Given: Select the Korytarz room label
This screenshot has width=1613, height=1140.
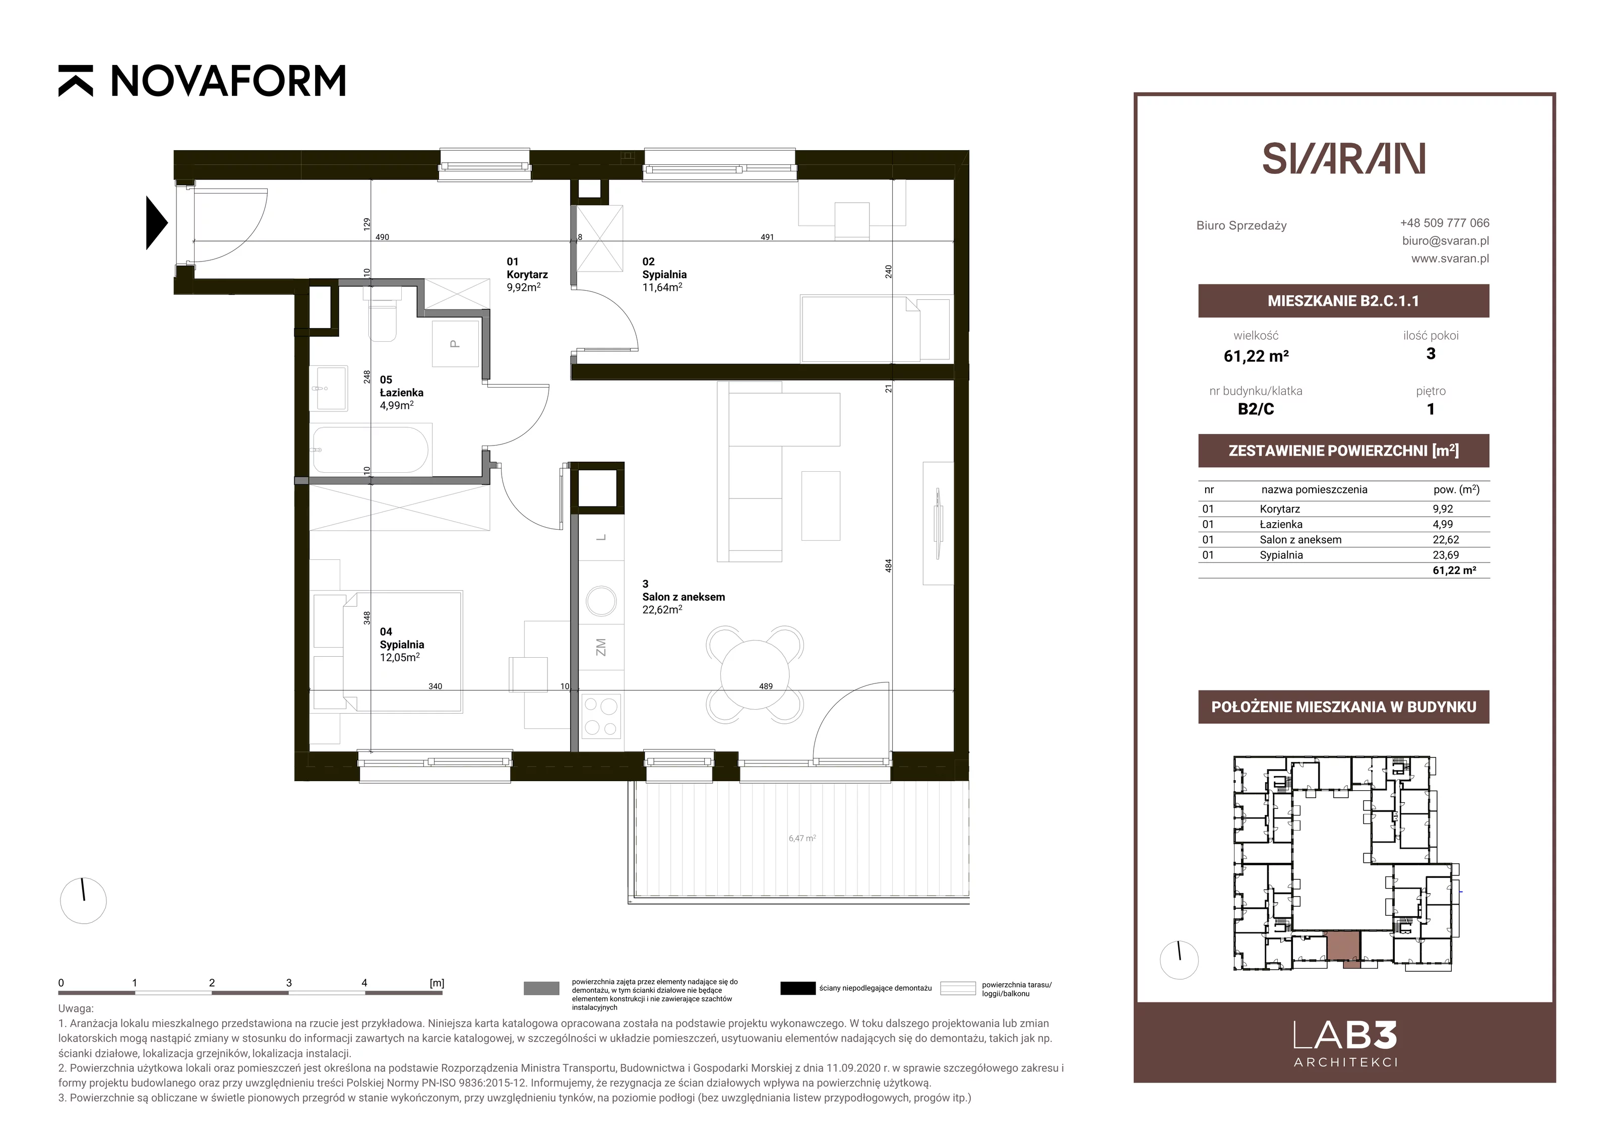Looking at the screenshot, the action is (x=527, y=275).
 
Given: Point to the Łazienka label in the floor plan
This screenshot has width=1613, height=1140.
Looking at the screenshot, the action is (x=402, y=393).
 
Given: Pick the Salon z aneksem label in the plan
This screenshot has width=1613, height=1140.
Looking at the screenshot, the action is (x=684, y=597).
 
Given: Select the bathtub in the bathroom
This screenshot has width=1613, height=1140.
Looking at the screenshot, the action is (x=370, y=450).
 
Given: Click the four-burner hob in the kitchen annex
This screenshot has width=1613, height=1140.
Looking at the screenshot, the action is (x=601, y=716).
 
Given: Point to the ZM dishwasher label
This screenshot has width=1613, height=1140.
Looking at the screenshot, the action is (x=601, y=648).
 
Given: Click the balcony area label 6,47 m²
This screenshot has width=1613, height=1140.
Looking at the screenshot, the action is (x=801, y=838).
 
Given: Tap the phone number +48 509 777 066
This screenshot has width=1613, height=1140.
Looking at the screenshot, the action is (x=1445, y=223).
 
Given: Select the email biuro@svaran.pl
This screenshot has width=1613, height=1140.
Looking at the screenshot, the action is (x=1446, y=240).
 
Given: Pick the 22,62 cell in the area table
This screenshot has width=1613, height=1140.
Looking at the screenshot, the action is (x=1446, y=539).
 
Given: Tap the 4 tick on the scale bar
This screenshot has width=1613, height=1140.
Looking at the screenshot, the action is (x=364, y=983).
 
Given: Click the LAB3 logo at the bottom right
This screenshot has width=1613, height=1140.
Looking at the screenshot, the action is (x=1345, y=1044).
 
